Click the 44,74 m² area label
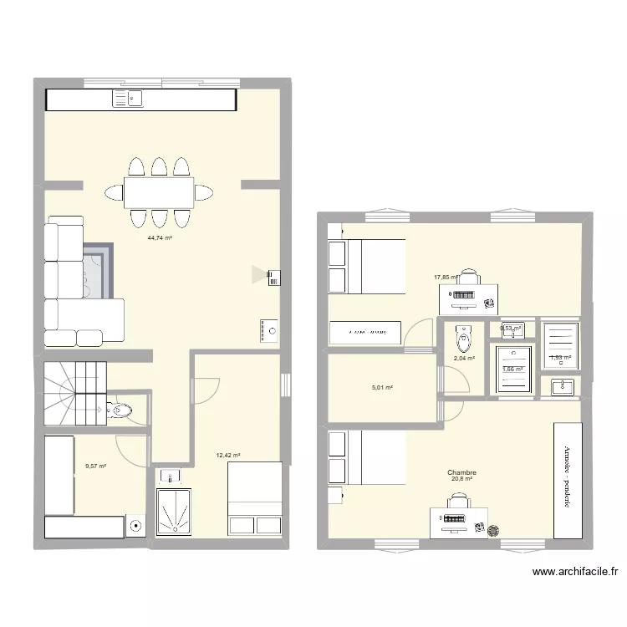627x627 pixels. click(x=160, y=238)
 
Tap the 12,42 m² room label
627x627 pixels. click(x=228, y=456)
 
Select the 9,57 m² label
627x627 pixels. click(x=95, y=466)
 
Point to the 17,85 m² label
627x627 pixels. click(x=446, y=278)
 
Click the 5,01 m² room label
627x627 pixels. click(x=382, y=388)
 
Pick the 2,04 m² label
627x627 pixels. click(x=464, y=359)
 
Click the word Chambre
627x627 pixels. click(x=461, y=472)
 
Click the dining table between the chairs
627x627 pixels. click(x=159, y=192)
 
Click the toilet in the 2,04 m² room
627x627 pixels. click(x=463, y=339)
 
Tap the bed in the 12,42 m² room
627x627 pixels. click(x=255, y=497)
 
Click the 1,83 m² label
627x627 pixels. click(x=559, y=358)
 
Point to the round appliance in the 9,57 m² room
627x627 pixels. click(x=136, y=527)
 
